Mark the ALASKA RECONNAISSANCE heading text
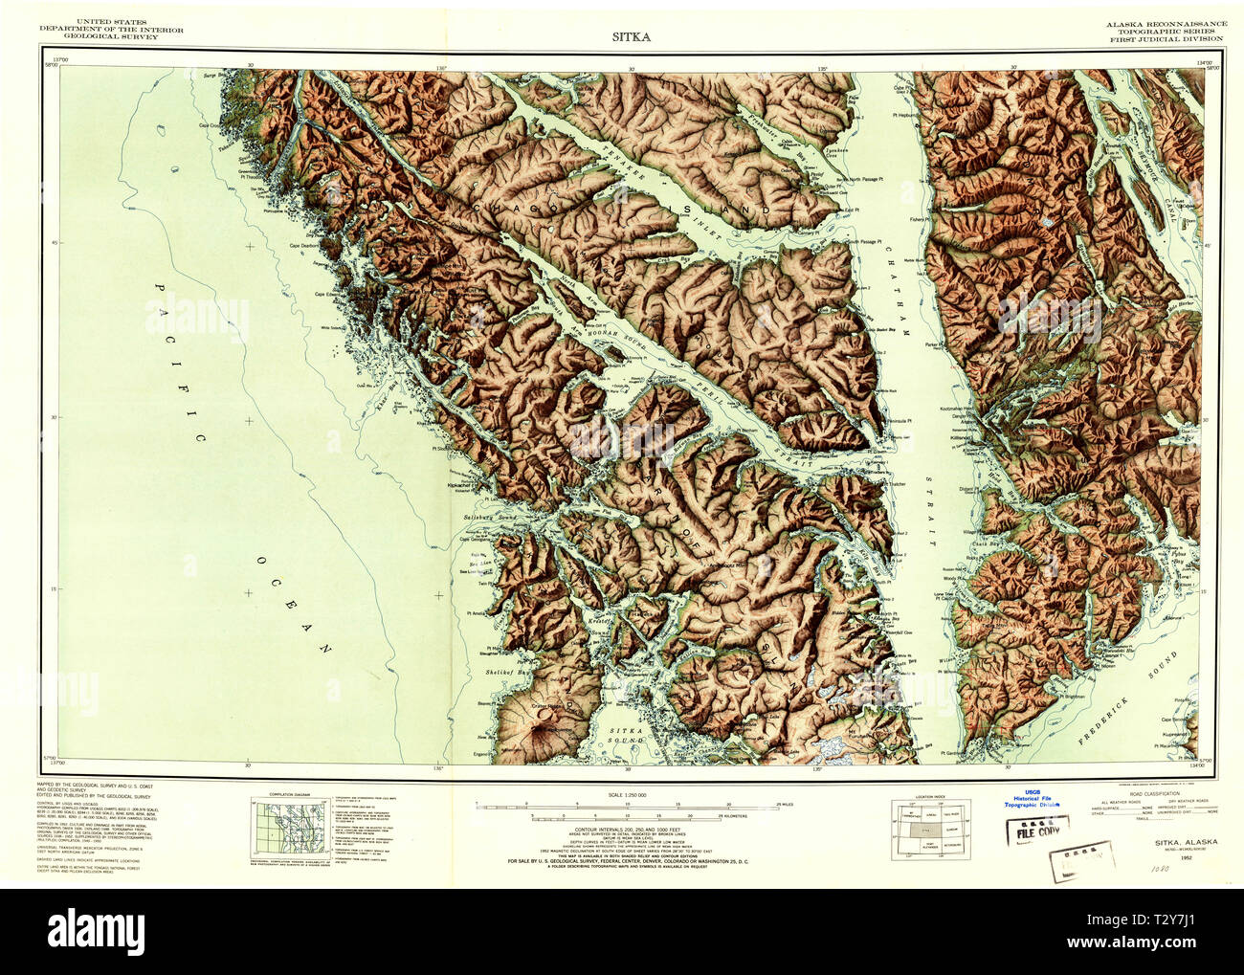tap(1164, 23)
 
